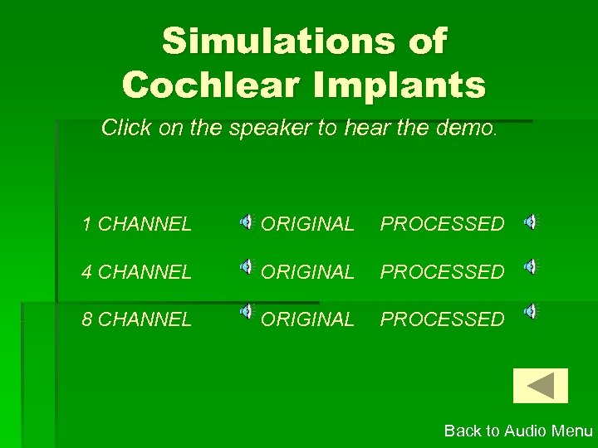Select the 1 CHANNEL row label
pos(137,224)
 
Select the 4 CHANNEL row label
pos(137,271)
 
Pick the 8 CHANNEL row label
pos(137,319)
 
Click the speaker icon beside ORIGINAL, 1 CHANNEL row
pos(248,221)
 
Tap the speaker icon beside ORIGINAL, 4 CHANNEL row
pos(248,266)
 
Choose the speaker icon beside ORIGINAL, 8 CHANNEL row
pos(248,311)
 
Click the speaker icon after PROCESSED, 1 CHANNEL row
pos(530,221)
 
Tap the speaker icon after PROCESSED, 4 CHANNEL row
pos(530,266)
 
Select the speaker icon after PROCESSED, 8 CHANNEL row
pos(530,311)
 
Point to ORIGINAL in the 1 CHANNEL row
pos(307,224)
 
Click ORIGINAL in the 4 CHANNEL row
pos(307,271)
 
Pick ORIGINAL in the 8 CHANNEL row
pos(307,319)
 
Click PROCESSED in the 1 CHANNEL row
pos(442,224)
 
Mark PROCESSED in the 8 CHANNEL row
pos(442,319)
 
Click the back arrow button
pos(541,386)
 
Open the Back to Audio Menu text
pos(518,431)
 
